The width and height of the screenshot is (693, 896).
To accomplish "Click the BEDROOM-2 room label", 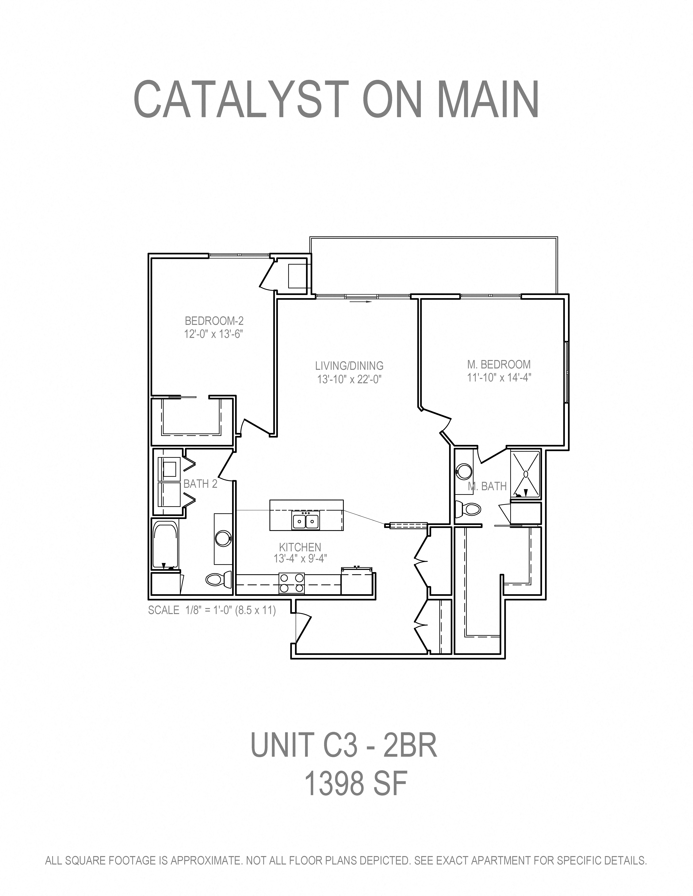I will tap(214, 320).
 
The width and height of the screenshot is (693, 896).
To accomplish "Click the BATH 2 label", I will tap(200, 484).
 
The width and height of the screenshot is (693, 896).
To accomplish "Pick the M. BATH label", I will tap(487, 487).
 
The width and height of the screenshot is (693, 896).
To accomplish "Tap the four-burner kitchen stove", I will tap(291, 583).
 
